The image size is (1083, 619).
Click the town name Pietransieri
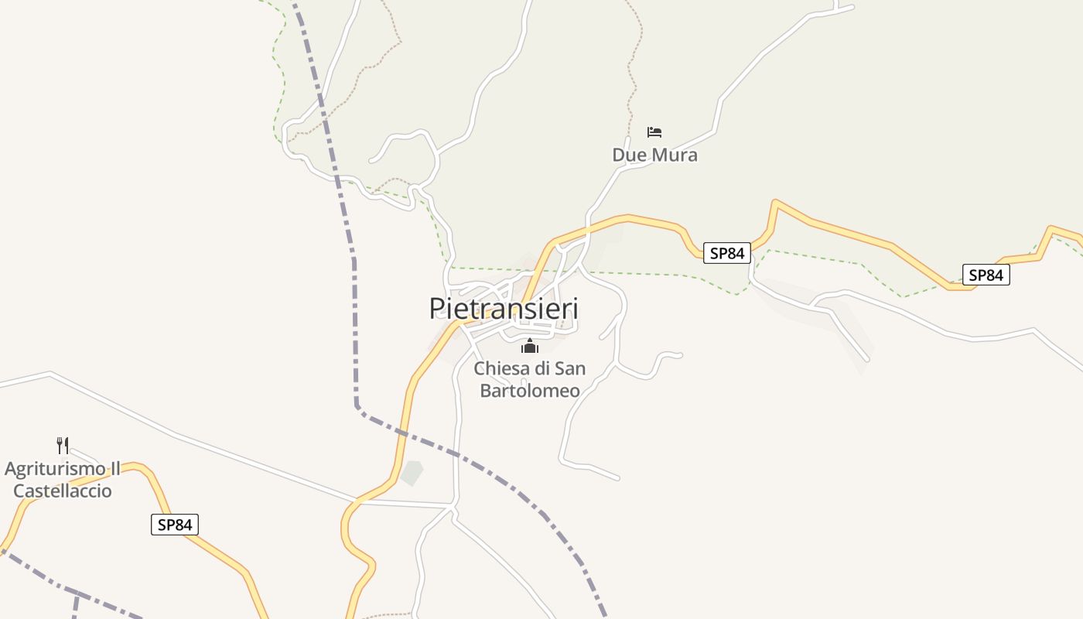(x=504, y=309)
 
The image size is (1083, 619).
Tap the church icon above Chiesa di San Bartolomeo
(x=529, y=346)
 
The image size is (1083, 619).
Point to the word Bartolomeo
(x=529, y=391)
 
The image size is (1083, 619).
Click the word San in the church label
(x=571, y=368)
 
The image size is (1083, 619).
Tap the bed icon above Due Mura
(x=654, y=132)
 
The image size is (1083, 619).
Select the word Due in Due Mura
(x=629, y=155)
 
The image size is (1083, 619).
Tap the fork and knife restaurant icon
(x=63, y=445)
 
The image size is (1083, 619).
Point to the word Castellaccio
(x=63, y=491)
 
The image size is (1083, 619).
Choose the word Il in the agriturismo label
(x=114, y=469)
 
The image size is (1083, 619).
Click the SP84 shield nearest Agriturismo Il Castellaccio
(x=174, y=525)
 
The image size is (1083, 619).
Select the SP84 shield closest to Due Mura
(x=727, y=252)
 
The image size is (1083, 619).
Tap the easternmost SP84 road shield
(x=986, y=275)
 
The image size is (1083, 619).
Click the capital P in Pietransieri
(x=438, y=309)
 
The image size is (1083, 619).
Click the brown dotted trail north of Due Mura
(x=633, y=70)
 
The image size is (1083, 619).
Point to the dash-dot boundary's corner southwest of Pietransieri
(x=357, y=405)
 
